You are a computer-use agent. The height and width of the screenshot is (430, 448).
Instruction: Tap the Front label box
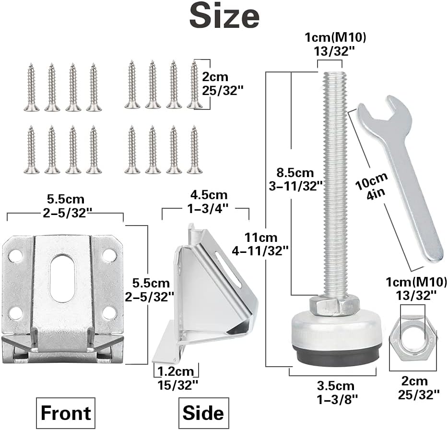(66, 413)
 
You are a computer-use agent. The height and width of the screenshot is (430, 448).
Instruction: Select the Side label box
(203, 413)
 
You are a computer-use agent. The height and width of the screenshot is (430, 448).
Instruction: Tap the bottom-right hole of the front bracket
(110, 314)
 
